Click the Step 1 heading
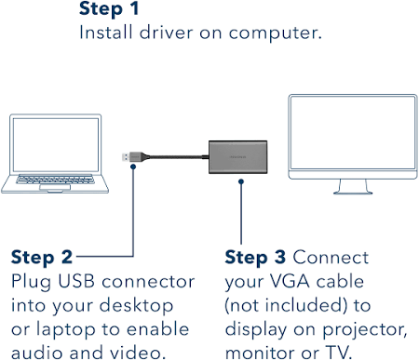pyautogui.click(x=109, y=8)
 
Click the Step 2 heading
pyautogui.click(x=42, y=258)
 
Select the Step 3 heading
pyautogui.click(x=255, y=258)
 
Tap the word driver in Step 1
pyautogui.click(x=166, y=33)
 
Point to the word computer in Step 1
pyautogui.click(x=275, y=33)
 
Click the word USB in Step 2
pyautogui.click(x=76, y=281)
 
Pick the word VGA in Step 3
pyautogui.click(x=290, y=281)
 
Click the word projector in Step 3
pyautogui.click(x=365, y=330)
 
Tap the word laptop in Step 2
pyautogui.click(x=65, y=329)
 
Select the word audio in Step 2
pyautogui.click(x=37, y=353)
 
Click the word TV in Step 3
pyautogui.click(x=338, y=353)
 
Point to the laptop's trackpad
pyautogui.click(x=55, y=187)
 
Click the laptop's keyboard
pyautogui.click(x=55, y=179)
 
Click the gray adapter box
pyautogui.click(x=237, y=157)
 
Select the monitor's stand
pyautogui.click(x=353, y=187)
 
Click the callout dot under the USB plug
pyautogui.click(x=133, y=167)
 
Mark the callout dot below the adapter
pyautogui.click(x=241, y=181)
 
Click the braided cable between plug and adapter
pyautogui.click(x=177, y=157)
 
